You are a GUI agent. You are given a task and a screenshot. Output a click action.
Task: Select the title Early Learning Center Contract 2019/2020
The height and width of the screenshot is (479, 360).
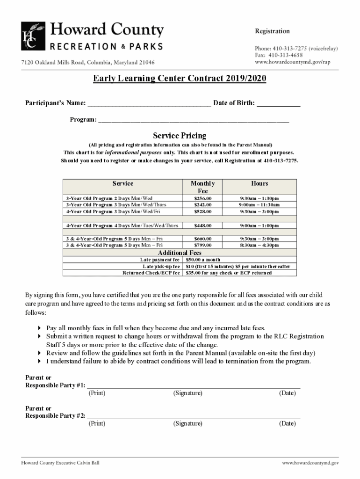[179, 79]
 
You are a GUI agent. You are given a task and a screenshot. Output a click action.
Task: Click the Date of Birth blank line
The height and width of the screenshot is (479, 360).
[279, 104]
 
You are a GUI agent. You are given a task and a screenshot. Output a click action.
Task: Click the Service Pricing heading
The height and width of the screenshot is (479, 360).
[180, 136]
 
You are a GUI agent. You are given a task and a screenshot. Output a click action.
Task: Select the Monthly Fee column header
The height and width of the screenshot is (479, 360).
[203, 187]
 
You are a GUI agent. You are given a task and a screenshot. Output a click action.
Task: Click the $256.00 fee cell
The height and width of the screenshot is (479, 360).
[203, 198]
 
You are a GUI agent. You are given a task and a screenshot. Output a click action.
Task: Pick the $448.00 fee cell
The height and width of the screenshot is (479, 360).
[203, 226]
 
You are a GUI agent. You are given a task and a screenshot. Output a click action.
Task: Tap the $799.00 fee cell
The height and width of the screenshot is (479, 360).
[203, 245]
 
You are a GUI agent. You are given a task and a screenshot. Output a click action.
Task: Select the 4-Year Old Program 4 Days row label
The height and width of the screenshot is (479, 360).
[122, 226]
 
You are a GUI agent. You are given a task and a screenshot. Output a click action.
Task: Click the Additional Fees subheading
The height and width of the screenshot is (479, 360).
[180, 253]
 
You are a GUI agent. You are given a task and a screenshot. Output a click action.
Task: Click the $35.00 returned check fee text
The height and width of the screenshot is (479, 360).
[229, 273]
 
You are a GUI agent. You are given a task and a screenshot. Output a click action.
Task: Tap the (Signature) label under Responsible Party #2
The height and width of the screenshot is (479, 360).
[187, 424]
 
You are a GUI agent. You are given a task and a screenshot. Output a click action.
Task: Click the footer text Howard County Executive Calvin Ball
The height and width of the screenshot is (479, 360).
[60, 463]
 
